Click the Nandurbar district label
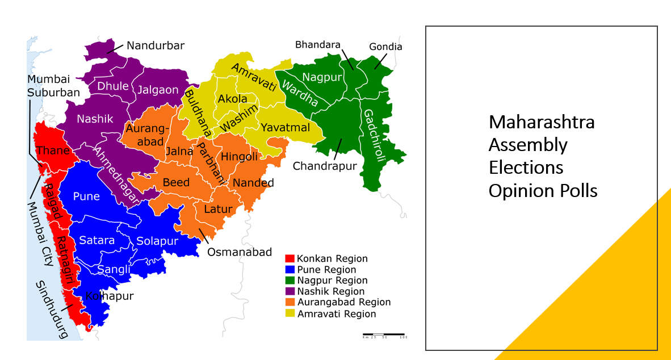pyautogui.click(x=155, y=46)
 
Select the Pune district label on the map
pyautogui.click(x=86, y=196)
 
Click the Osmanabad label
pyautogui.click(x=240, y=252)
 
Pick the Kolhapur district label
pyautogui.click(x=109, y=296)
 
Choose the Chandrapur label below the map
pyautogui.click(x=325, y=166)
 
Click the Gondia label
pyautogui.click(x=385, y=47)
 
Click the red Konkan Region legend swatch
pyautogui.click(x=290, y=259)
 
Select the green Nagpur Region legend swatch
pyautogui.click(x=290, y=281)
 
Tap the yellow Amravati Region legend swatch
pyautogui.click(x=290, y=313)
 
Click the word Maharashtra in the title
pyautogui.click(x=542, y=122)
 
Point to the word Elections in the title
pyautogui.click(x=526, y=168)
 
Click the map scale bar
pyautogui.click(x=384, y=334)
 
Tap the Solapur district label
pyautogui.click(x=157, y=241)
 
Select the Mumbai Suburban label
pyautogui.click(x=53, y=86)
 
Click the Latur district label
pyautogui.click(x=218, y=209)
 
